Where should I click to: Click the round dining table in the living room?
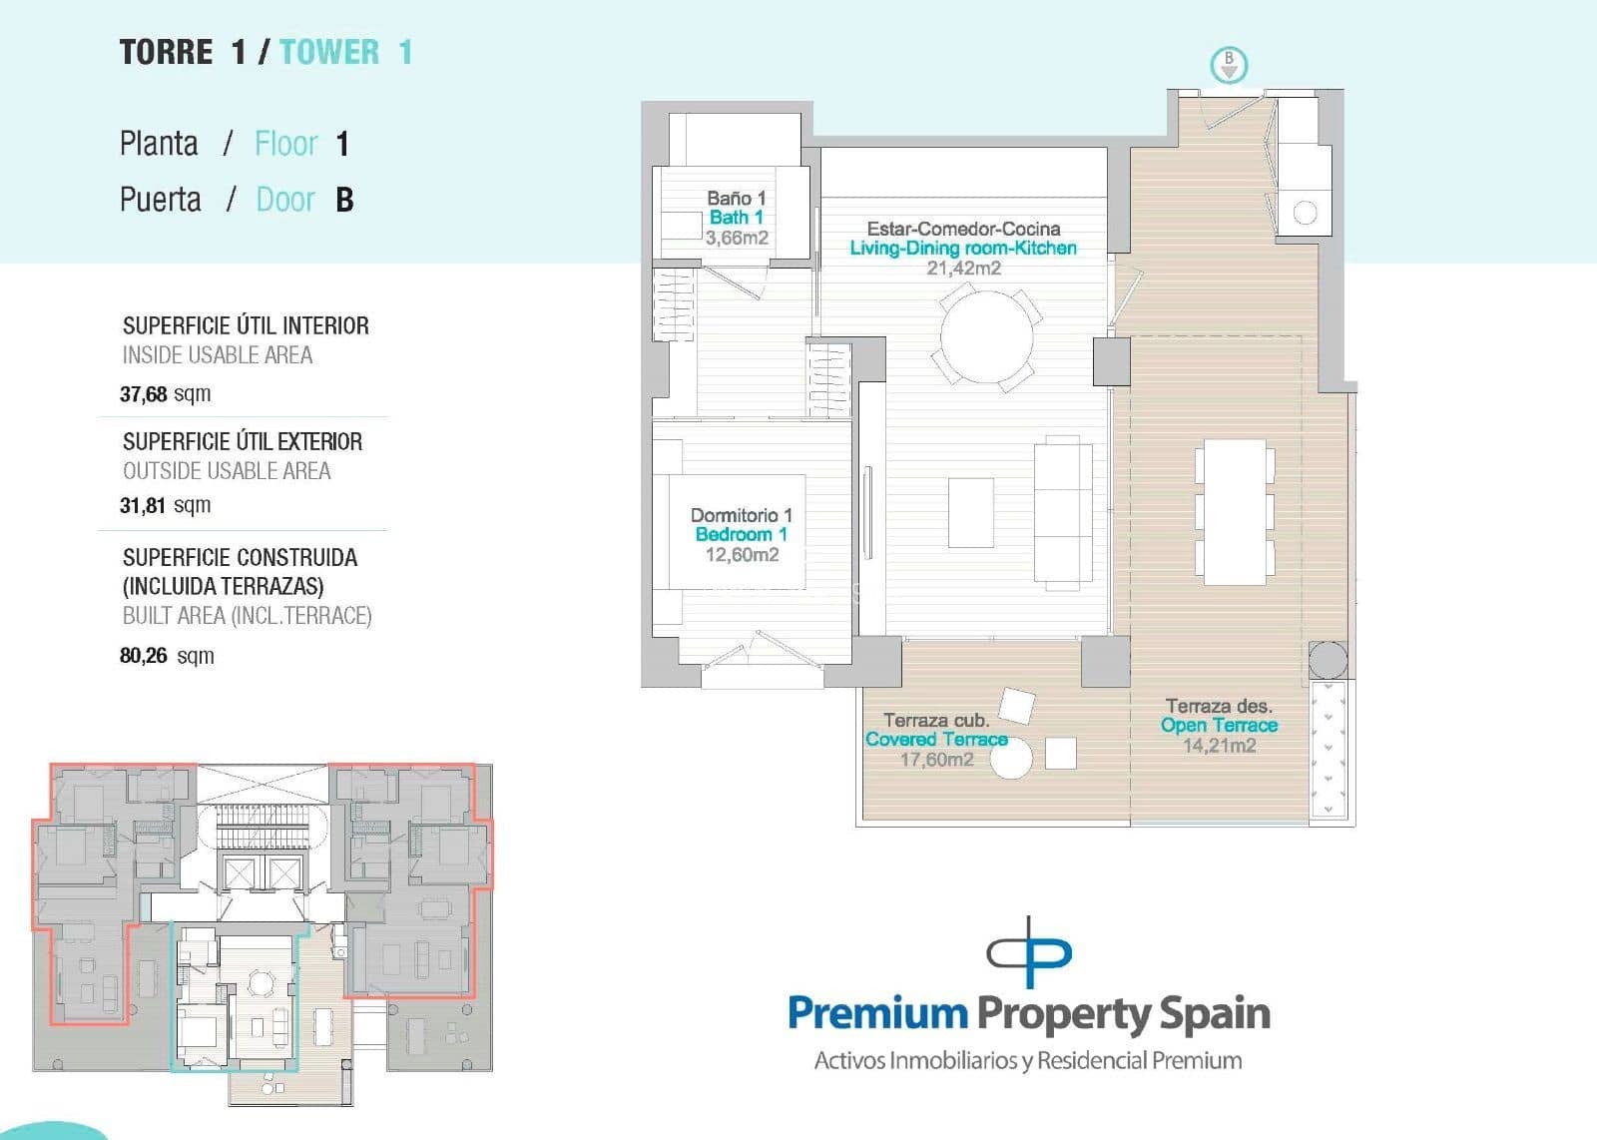986,336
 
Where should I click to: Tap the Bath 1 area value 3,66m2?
737,238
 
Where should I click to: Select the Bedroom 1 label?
741,534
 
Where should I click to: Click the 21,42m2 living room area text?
963,268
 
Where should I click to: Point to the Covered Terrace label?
936,740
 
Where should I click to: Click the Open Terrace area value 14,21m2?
1219,746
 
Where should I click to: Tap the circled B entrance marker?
1229,65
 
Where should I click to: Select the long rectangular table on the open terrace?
1235,512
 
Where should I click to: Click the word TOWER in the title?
329,52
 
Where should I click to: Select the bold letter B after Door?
344,200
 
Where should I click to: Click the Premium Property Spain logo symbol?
1029,952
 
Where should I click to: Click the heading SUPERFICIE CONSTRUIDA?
240,557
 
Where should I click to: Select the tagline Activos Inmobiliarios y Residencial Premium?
1028,1060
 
